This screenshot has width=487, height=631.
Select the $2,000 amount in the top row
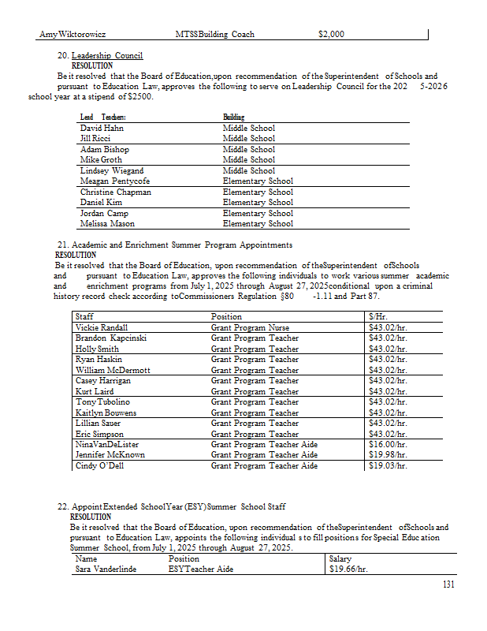331,35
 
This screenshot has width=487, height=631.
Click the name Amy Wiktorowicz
72,35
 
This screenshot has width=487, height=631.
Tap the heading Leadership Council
107,56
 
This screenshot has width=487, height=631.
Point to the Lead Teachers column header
98,118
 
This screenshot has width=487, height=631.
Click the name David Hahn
102,128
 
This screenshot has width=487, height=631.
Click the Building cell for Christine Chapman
258,192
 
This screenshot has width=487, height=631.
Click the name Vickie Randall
101,327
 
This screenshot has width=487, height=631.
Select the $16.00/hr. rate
387,445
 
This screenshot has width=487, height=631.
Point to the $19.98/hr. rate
387,455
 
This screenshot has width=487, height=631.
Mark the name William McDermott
112,370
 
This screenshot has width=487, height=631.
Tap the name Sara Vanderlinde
106,568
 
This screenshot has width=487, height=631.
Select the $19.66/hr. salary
348,568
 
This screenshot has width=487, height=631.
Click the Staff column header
84,316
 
